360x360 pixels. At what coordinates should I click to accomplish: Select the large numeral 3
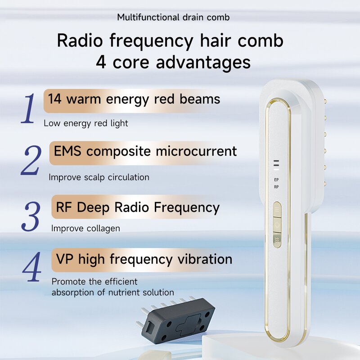pos(31,216)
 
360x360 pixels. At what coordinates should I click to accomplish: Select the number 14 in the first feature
pos(54,99)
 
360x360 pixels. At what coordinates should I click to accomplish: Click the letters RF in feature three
pos(64,207)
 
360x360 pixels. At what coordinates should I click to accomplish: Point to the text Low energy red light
pos(86,123)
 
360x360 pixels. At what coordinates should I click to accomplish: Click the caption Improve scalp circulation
pos(99,177)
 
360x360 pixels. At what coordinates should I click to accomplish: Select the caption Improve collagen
pos(85,229)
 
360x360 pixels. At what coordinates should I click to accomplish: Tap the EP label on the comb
pos(276,180)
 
